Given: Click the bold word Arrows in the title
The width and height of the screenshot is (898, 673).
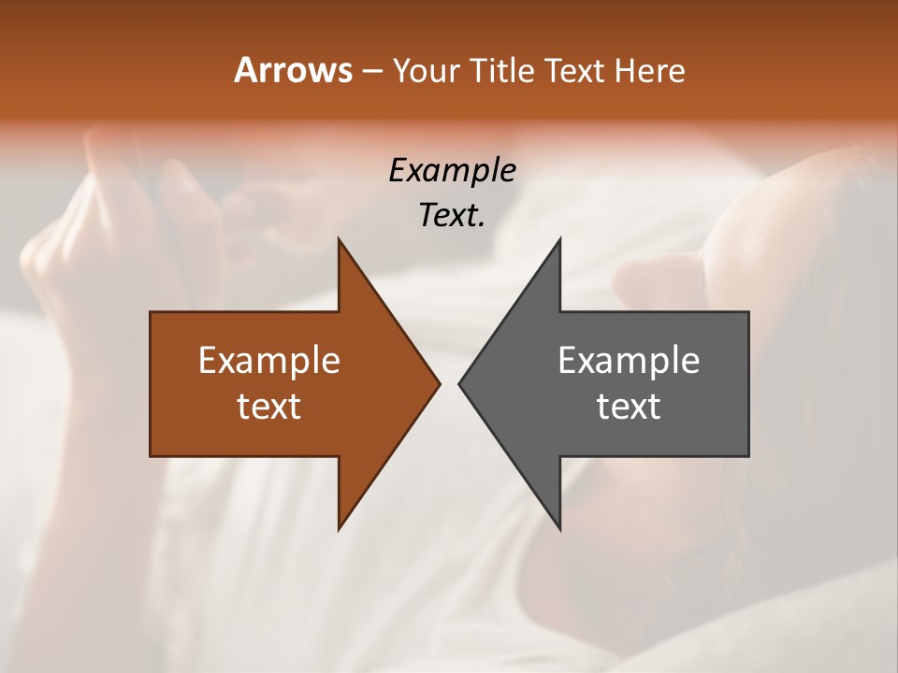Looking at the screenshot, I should (292, 70).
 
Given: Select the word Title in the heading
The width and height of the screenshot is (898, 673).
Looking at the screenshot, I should (505, 71).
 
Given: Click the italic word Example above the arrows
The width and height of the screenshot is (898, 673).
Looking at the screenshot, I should (452, 170).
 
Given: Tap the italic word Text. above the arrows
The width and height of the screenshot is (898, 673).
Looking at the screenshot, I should (452, 216).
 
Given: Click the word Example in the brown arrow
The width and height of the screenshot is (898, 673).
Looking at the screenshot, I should (268, 361).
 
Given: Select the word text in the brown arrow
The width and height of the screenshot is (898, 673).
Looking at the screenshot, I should (268, 406).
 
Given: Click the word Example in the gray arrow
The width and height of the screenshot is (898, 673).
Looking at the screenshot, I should (629, 361).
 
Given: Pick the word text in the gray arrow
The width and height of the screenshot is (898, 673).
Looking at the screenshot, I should (629, 406).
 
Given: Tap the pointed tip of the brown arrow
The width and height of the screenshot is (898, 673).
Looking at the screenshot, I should (439, 383).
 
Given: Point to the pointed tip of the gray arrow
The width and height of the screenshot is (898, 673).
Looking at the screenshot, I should (459, 383).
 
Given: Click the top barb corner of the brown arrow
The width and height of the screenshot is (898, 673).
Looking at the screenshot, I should (340, 239).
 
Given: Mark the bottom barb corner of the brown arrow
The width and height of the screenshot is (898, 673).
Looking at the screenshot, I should (340, 529).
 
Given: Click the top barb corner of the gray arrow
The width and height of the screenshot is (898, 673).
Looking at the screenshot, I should (559, 239).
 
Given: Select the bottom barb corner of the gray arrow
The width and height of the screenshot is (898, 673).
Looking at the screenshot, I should (559, 529).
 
